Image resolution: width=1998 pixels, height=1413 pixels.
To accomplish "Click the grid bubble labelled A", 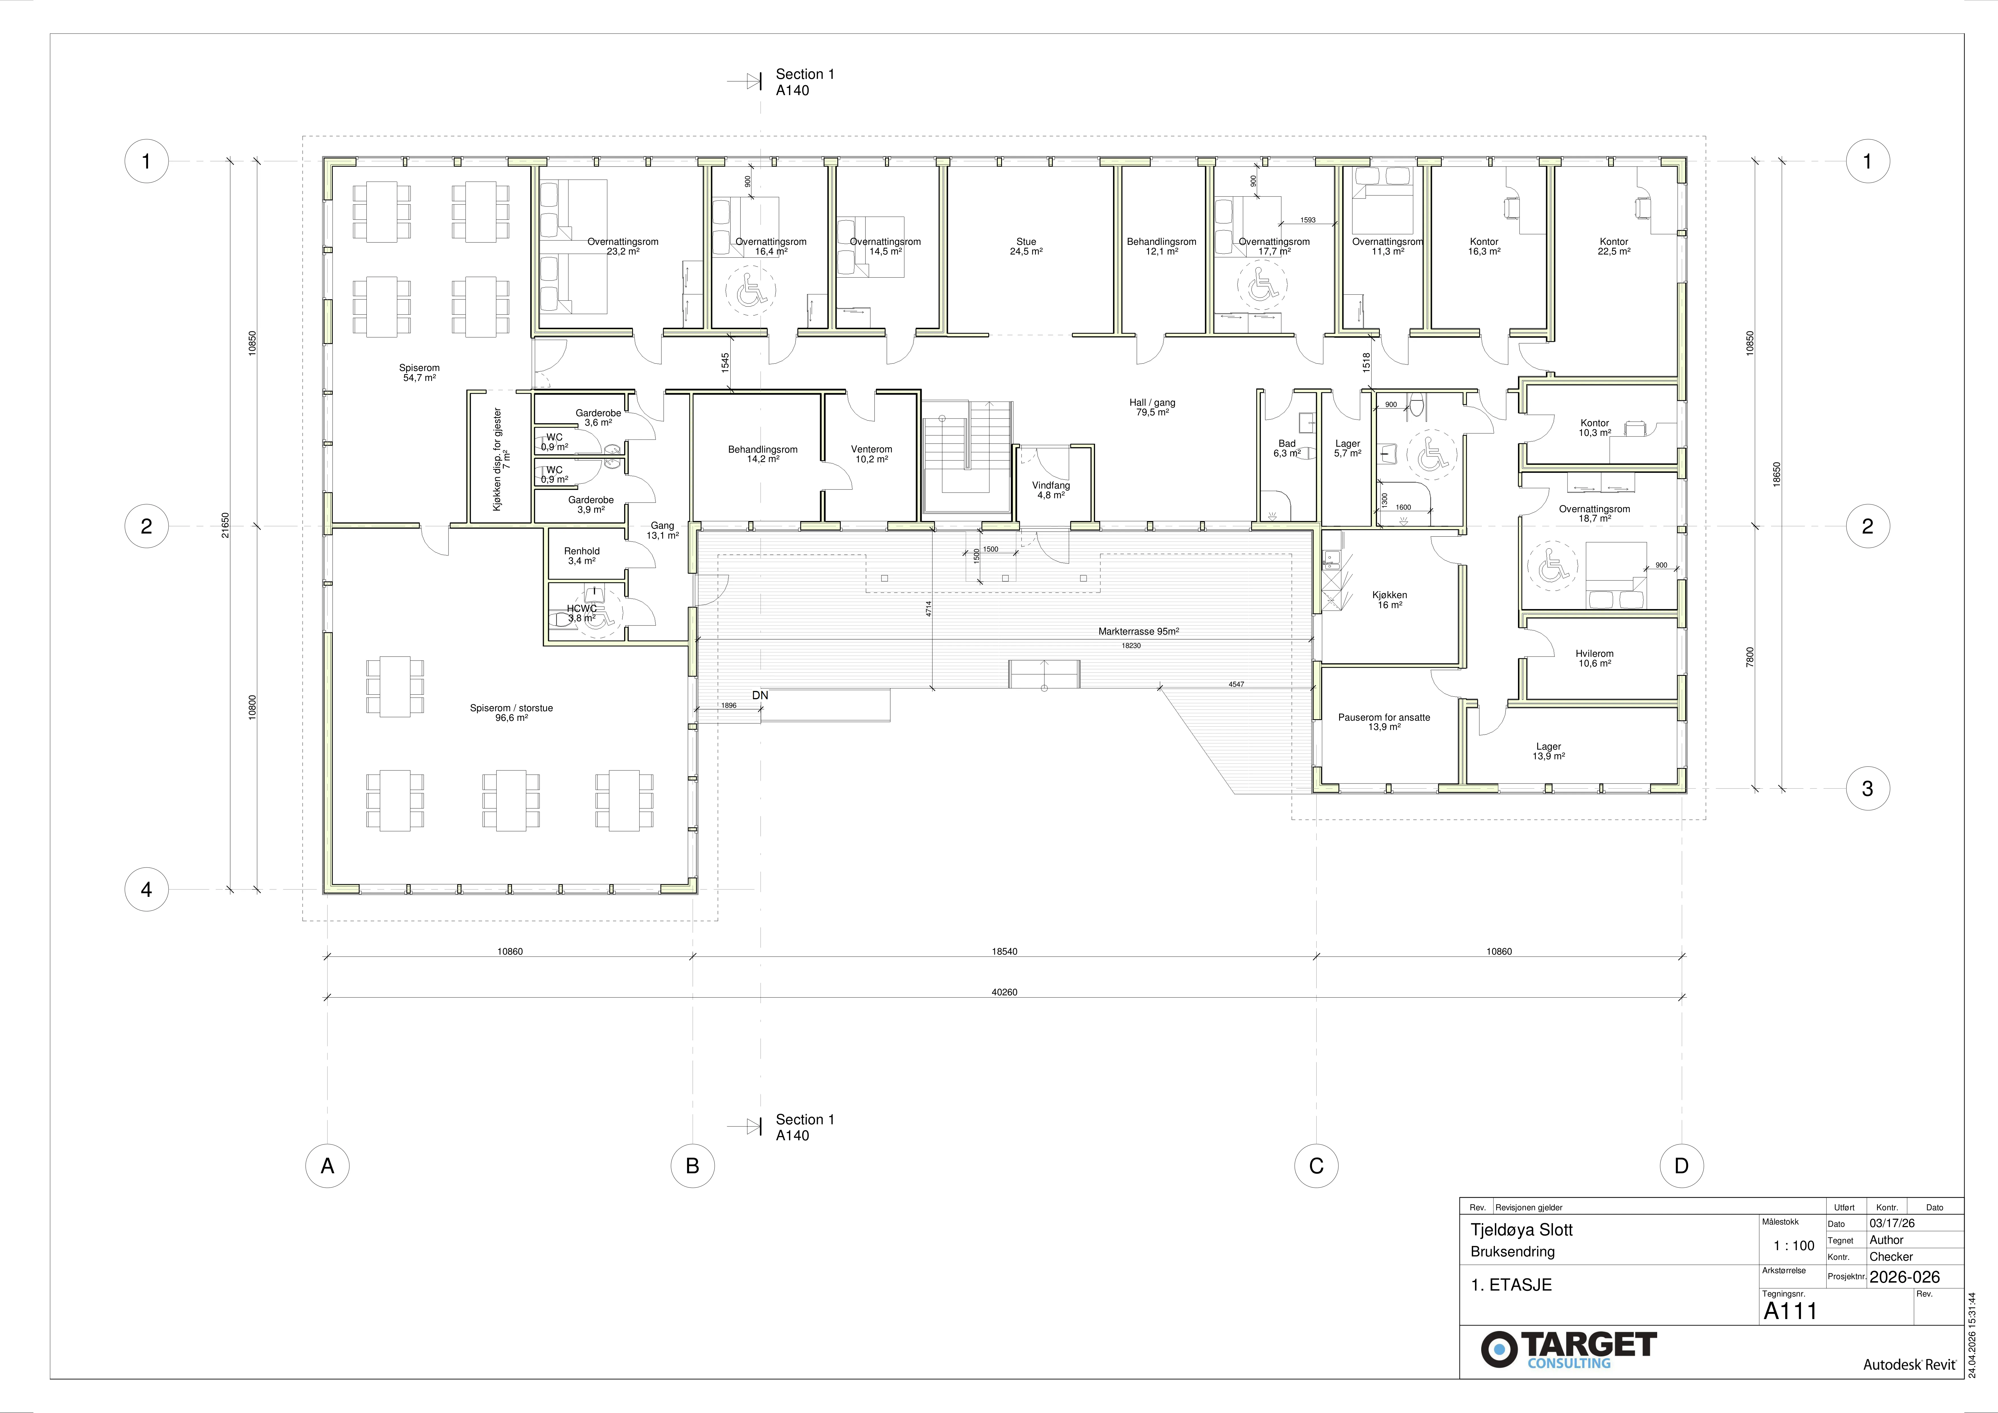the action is click(327, 1166).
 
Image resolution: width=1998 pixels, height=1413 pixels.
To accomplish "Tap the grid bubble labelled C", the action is click(1316, 1166).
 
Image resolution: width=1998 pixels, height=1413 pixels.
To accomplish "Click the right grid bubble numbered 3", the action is click(1868, 789).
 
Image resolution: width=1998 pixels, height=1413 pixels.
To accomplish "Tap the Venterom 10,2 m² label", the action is click(871, 454).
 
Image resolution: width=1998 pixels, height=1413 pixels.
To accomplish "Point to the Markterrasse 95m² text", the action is click(1138, 632).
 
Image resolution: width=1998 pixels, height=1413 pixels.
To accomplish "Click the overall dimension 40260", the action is click(1004, 992).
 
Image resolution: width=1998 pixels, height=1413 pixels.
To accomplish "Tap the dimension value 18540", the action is click(1004, 952).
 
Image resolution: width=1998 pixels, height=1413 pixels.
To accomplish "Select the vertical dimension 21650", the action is click(226, 526).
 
